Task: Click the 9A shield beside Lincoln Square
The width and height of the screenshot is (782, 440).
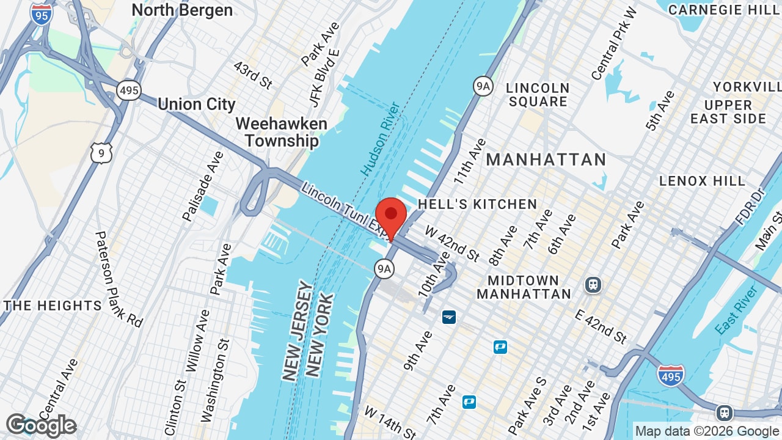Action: pyautogui.click(x=483, y=86)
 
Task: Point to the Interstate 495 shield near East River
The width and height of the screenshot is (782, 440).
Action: pyautogui.click(x=671, y=375)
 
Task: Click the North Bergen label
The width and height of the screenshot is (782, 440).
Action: pyautogui.click(x=182, y=10)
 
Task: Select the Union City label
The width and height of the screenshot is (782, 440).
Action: pyautogui.click(x=196, y=105)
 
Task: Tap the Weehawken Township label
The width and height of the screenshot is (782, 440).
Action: pyautogui.click(x=281, y=132)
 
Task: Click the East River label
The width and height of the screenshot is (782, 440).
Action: pyautogui.click(x=737, y=310)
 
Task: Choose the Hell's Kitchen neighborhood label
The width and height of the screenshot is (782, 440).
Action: pyautogui.click(x=477, y=204)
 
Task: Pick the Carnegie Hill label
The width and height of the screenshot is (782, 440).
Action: pyautogui.click(x=723, y=10)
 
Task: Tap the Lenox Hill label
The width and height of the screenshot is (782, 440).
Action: pyautogui.click(x=702, y=181)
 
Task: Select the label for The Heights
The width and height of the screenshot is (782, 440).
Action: pyautogui.click(x=53, y=306)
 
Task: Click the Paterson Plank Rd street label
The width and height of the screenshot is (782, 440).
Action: pyautogui.click(x=119, y=279)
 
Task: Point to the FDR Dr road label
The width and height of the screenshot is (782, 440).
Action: pyautogui.click(x=751, y=206)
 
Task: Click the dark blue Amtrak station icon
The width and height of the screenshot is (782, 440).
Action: pyautogui.click(x=449, y=317)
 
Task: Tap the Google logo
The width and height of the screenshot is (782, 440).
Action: pyautogui.click(x=41, y=425)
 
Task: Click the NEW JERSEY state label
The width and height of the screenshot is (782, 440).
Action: pyautogui.click(x=298, y=331)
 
